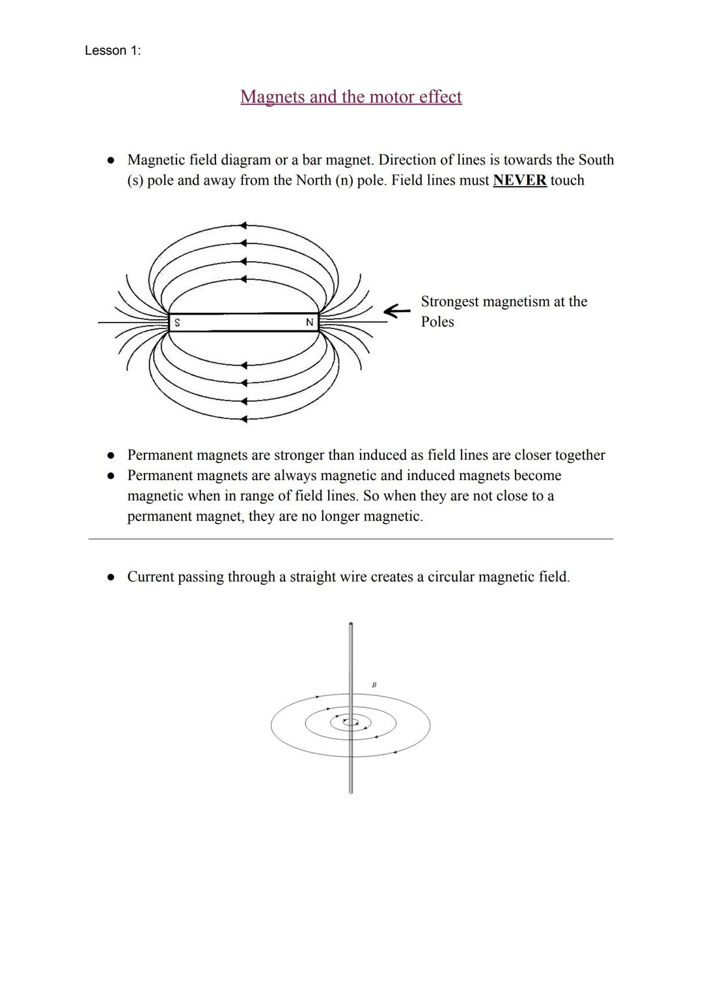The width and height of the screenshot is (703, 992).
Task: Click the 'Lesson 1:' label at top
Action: [113, 51]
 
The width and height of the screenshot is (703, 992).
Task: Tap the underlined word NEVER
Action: [519, 180]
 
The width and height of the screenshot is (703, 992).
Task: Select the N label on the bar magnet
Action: [309, 323]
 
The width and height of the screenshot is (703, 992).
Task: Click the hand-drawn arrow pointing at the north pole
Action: [396, 312]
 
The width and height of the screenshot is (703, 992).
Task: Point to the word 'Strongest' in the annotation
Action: [452, 301]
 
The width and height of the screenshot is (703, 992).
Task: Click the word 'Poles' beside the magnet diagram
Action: [437, 322]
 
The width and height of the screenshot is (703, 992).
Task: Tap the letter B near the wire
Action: [374, 685]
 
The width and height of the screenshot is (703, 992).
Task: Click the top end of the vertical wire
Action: [351, 625]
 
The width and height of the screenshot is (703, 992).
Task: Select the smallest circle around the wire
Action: [351, 721]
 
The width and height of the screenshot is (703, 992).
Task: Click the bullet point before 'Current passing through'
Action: [111, 577]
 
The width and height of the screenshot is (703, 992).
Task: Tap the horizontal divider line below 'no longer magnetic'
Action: [351, 539]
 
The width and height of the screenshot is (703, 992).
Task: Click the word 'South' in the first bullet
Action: [596, 160]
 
